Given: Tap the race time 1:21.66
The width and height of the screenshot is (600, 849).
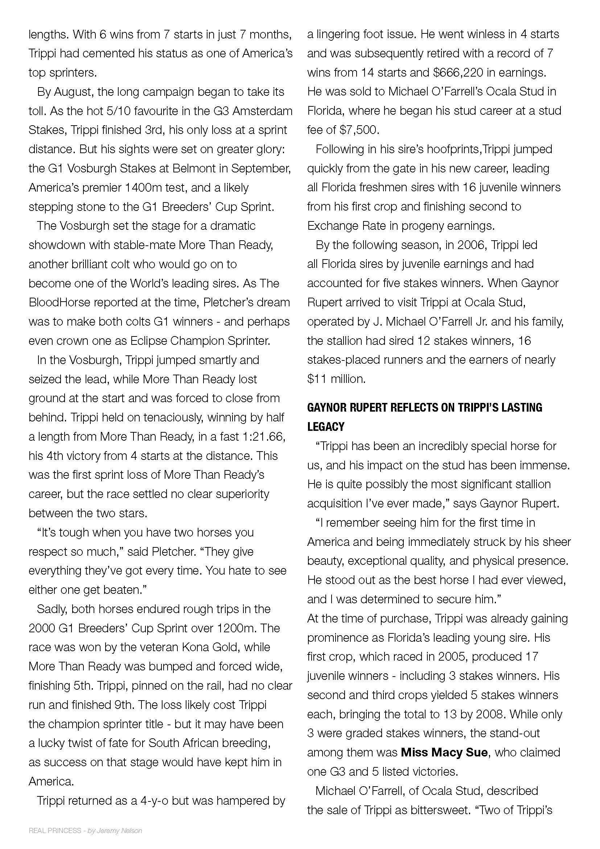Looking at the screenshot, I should pyautogui.click(x=263, y=437).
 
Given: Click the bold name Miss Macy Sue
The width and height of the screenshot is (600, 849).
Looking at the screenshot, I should pyautogui.click(x=444, y=752).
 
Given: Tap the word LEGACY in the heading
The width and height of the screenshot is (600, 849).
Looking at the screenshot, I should pyautogui.click(x=325, y=427).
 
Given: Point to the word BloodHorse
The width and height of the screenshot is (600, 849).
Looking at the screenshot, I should pyautogui.click(x=59, y=302).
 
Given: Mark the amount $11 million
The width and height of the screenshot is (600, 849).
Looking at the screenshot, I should pyautogui.click(x=336, y=379).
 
